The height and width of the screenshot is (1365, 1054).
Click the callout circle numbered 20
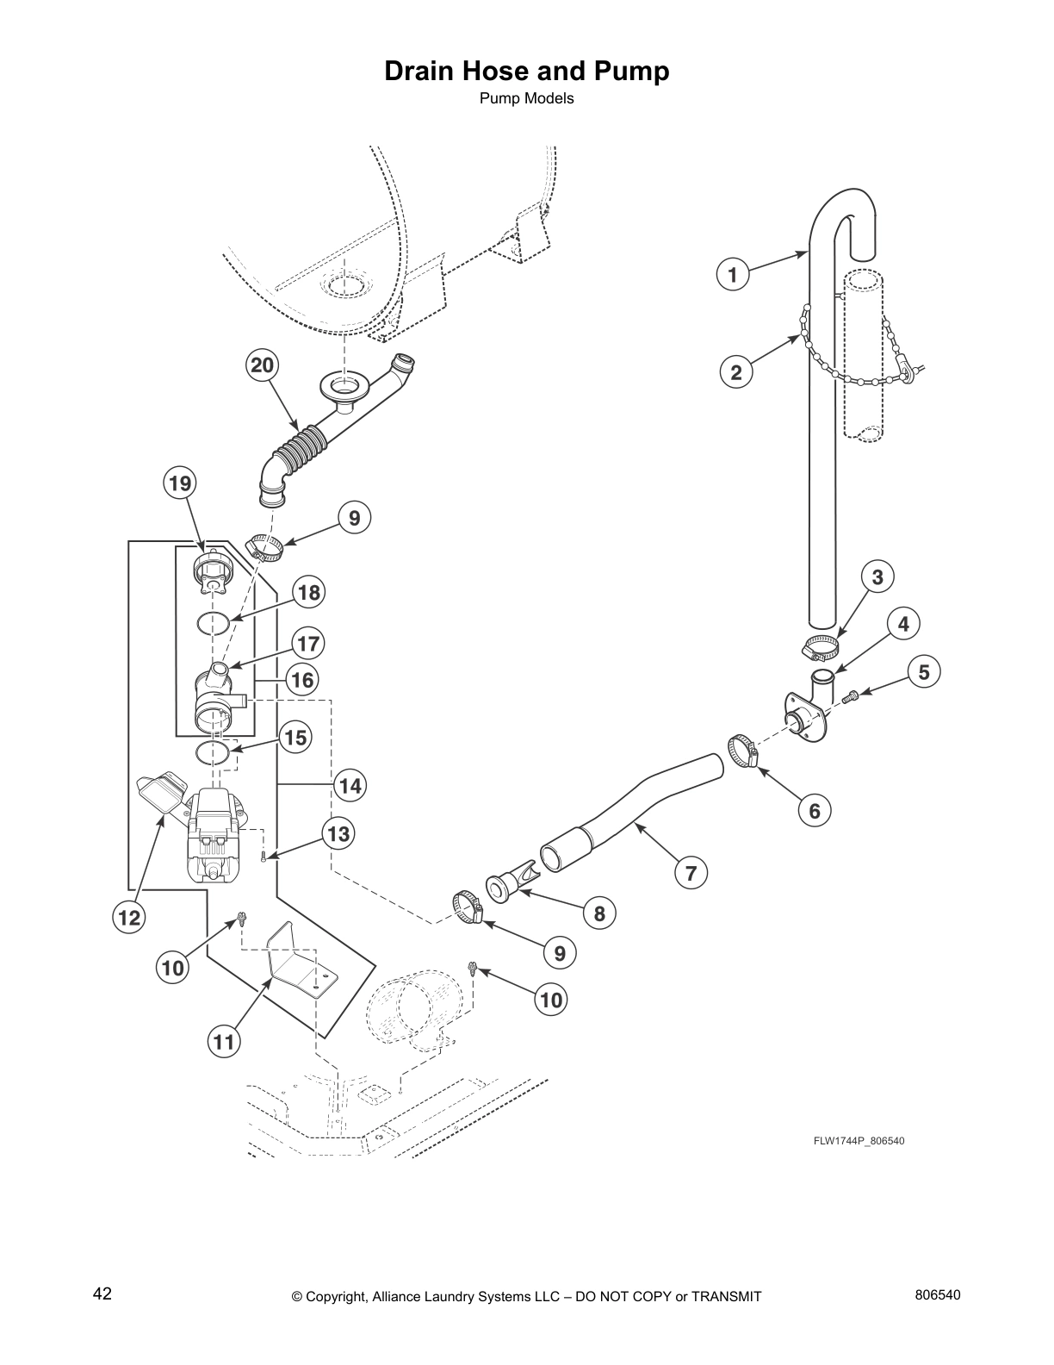click(262, 365)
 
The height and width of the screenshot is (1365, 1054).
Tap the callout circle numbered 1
click(733, 275)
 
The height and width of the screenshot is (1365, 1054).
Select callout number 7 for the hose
click(691, 873)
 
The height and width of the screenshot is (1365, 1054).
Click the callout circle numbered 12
click(129, 919)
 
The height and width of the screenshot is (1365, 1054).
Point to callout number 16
click(302, 680)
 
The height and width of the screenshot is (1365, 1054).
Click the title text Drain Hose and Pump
click(526, 71)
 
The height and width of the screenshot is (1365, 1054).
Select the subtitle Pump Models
click(526, 98)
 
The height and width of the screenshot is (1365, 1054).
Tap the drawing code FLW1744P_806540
click(859, 1141)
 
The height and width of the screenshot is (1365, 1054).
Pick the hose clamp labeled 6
click(742, 749)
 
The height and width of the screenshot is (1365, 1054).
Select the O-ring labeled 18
click(213, 622)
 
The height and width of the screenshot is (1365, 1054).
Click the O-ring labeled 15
click(213, 752)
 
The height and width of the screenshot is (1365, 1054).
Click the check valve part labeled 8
click(509, 883)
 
